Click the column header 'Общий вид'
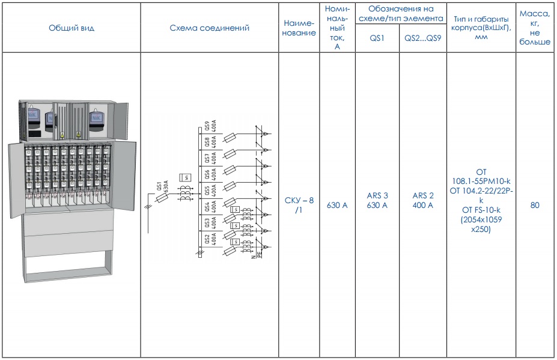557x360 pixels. [x=72, y=28]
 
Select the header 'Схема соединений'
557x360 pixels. [x=210, y=28]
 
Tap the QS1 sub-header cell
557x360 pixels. [x=377, y=38]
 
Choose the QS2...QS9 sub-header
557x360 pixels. [x=423, y=38]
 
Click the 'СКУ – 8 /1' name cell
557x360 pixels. [x=299, y=205]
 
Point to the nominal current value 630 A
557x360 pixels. [x=337, y=205]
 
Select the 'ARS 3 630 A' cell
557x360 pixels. [x=377, y=201]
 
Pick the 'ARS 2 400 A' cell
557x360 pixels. [x=423, y=201]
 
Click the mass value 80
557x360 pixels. [x=535, y=205]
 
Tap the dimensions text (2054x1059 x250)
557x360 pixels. [x=481, y=224]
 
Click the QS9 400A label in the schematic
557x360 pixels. [x=211, y=127]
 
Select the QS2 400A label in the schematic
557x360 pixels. [x=211, y=240]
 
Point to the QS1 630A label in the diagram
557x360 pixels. [x=162, y=186]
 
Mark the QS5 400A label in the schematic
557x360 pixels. [x=211, y=191]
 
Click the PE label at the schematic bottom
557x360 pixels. [x=260, y=255]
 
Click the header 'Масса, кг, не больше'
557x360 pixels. [x=535, y=28]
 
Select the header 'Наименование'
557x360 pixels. [x=299, y=28]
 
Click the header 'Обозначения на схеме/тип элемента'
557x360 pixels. [x=401, y=13]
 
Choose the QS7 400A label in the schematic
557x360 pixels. [x=211, y=159]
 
